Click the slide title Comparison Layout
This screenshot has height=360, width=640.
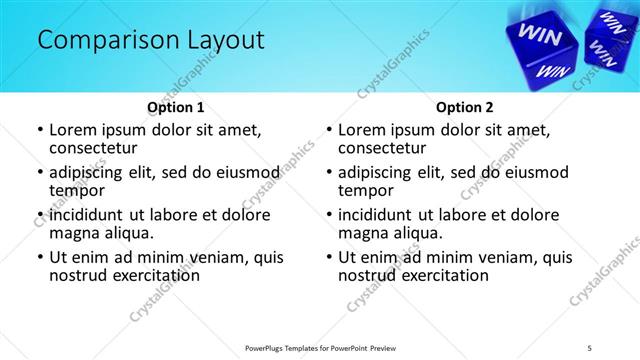(151, 40)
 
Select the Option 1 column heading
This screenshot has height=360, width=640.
(176, 106)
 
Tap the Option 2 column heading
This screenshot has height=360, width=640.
(465, 106)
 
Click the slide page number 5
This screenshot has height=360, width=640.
(590, 347)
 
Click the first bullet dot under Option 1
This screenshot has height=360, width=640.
(39, 130)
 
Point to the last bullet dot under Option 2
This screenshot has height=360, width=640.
(328, 257)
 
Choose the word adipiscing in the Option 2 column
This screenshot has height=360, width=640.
(384, 172)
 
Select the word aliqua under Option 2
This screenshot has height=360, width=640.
(417, 233)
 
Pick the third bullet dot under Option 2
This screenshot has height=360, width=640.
(328, 215)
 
